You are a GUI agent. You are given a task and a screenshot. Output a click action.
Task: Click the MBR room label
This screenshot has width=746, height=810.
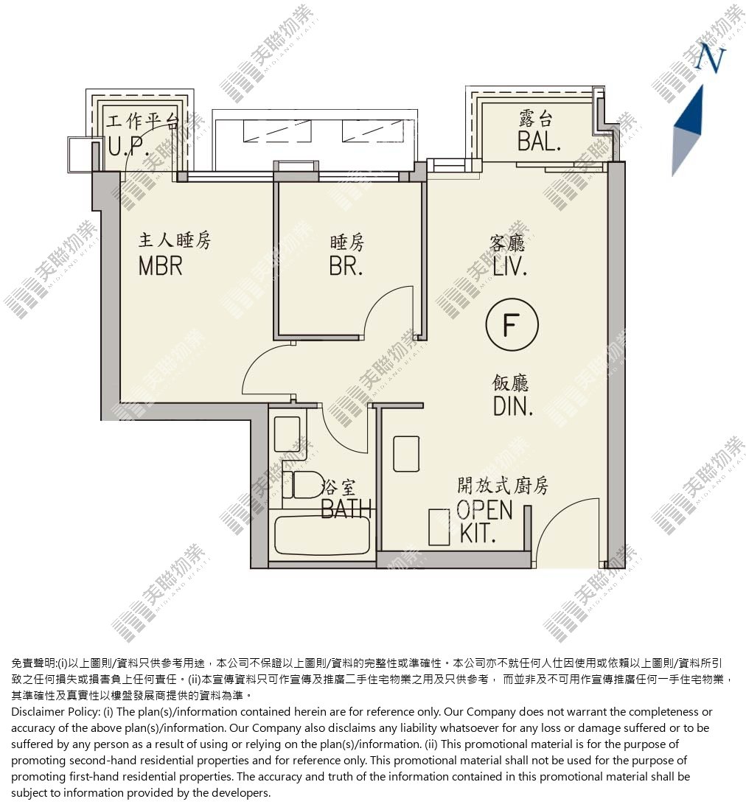pyautogui.click(x=160, y=266)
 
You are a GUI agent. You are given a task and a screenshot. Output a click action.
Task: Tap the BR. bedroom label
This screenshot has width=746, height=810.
pyautogui.click(x=346, y=266)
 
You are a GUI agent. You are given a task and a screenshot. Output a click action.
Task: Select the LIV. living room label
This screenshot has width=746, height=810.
pyautogui.click(x=510, y=267)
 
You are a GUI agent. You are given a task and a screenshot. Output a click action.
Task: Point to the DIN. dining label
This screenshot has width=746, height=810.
pyautogui.click(x=513, y=407)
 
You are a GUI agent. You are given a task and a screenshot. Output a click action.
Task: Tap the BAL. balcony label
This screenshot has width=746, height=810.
pyautogui.click(x=539, y=141)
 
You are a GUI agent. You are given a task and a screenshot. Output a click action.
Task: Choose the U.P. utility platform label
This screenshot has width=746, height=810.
pyautogui.click(x=129, y=147)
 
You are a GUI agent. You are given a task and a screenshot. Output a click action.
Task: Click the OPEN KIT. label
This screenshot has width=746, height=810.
pyautogui.click(x=484, y=522)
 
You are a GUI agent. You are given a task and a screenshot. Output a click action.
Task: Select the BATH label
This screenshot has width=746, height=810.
pyautogui.click(x=346, y=509)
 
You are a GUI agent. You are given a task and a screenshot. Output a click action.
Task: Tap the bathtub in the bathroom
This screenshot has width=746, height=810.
pyautogui.click(x=322, y=535)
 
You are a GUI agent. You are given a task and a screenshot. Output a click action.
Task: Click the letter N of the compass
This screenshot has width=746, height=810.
pyautogui.click(x=710, y=57)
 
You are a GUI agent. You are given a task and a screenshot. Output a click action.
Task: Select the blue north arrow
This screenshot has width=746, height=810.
pyautogui.click(x=689, y=131)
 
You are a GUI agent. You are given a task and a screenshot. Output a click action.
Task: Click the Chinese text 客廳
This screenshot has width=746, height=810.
pyautogui.click(x=507, y=242)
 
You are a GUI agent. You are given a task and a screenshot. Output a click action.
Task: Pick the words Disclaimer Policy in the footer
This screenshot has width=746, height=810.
pyautogui.click(x=55, y=712)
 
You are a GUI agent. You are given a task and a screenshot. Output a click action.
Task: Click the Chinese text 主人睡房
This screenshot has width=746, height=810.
pyautogui.click(x=175, y=240)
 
